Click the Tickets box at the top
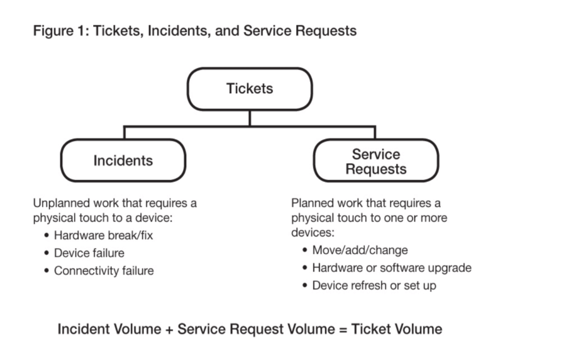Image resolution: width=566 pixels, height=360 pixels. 250,89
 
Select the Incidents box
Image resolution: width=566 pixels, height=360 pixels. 123,160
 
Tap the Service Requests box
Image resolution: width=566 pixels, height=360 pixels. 376,160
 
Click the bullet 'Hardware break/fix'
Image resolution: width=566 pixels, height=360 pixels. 103,235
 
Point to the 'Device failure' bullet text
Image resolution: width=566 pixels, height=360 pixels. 89,253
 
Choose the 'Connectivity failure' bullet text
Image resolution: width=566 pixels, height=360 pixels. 104,271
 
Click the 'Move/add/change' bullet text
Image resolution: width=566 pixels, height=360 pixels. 360,250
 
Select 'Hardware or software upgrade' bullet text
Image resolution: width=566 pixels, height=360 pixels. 392,268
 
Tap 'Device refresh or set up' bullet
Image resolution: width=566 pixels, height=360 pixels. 374,286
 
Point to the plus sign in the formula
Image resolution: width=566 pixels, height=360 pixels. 169,330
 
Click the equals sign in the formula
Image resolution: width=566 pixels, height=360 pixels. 343,330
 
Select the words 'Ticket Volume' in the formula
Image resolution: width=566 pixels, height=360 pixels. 396,329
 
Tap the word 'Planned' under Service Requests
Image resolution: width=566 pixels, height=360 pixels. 312,203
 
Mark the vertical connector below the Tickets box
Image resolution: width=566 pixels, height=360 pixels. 250,118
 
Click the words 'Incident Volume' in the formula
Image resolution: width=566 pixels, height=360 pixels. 109,329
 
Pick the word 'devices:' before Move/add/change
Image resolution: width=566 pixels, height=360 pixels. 313,232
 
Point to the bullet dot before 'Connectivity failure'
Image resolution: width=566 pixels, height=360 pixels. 46,271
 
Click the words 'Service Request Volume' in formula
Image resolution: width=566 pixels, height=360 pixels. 257,329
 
